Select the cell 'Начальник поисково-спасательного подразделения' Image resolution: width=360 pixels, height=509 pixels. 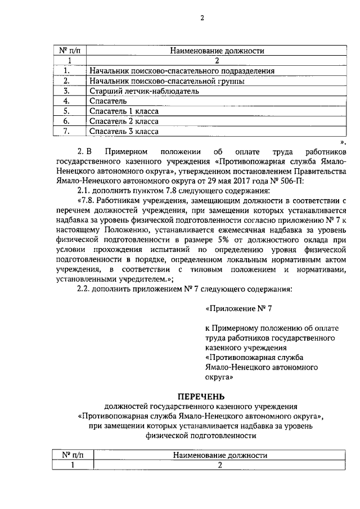click(x=182, y=71)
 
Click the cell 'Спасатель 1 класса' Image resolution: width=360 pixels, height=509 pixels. click(x=124, y=111)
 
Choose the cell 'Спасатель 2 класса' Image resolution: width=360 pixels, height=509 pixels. click(x=124, y=121)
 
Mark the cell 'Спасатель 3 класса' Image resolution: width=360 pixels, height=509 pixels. click(x=124, y=132)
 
